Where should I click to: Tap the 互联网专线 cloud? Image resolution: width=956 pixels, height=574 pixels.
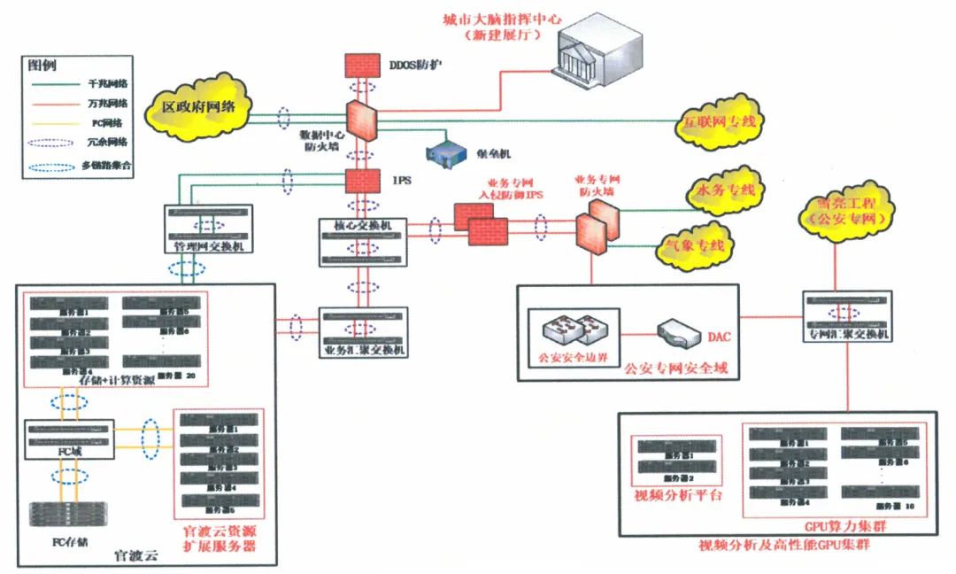pos(719,122)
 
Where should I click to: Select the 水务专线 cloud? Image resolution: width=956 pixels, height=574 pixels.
pos(725,191)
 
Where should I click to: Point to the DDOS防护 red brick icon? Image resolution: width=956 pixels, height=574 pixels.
pos(360,66)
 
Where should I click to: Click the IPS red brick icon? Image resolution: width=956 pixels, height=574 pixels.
pos(360,180)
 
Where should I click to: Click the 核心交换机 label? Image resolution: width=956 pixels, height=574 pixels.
pos(360,226)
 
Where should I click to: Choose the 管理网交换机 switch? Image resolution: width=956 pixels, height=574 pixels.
pos(208,229)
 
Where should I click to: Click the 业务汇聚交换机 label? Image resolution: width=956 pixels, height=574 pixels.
pos(362,351)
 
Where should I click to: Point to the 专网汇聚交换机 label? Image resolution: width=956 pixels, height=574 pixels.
pos(849,335)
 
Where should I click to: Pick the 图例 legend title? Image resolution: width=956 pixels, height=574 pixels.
pos(42,65)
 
